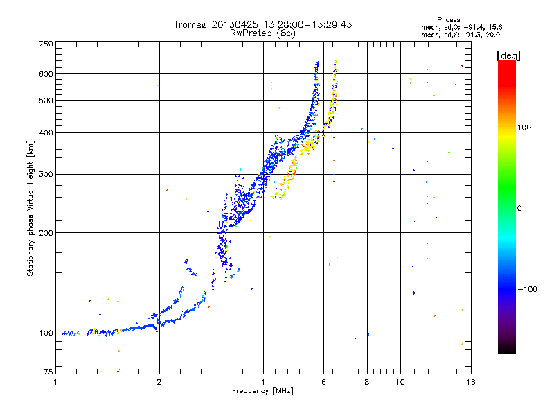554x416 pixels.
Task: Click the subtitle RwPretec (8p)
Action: tap(262, 33)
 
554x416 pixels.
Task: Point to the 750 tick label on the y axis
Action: tap(46, 44)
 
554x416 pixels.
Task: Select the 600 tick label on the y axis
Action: tap(46, 74)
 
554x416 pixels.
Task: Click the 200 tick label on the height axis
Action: tap(46, 233)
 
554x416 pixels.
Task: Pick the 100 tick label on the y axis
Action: tap(46, 333)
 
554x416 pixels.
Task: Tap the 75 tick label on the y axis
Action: tap(48, 372)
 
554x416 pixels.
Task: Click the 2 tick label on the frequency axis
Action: tap(159, 382)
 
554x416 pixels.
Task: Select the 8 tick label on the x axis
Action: tap(367, 382)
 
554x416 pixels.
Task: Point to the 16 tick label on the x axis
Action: tap(471, 382)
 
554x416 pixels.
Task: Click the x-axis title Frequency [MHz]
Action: tap(262, 391)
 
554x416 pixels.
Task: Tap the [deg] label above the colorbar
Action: tap(508, 55)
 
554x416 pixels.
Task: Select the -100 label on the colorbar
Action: tap(527, 289)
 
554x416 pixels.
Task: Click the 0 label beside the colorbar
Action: tap(519, 209)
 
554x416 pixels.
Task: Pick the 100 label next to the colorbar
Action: tap(524, 128)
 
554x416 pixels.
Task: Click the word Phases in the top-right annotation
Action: tap(448, 20)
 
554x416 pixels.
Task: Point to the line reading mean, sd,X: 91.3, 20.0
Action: tap(461, 35)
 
